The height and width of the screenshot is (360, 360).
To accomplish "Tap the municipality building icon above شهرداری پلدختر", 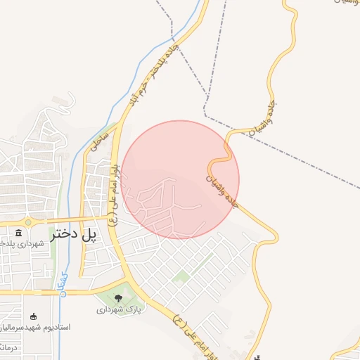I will [x=18, y=233].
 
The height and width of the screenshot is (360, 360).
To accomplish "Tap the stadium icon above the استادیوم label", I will [x=34, y=317].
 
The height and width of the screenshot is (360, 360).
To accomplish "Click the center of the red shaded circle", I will [x=181, y=179].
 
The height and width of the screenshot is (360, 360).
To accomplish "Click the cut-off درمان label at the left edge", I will [x=6, y=347].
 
